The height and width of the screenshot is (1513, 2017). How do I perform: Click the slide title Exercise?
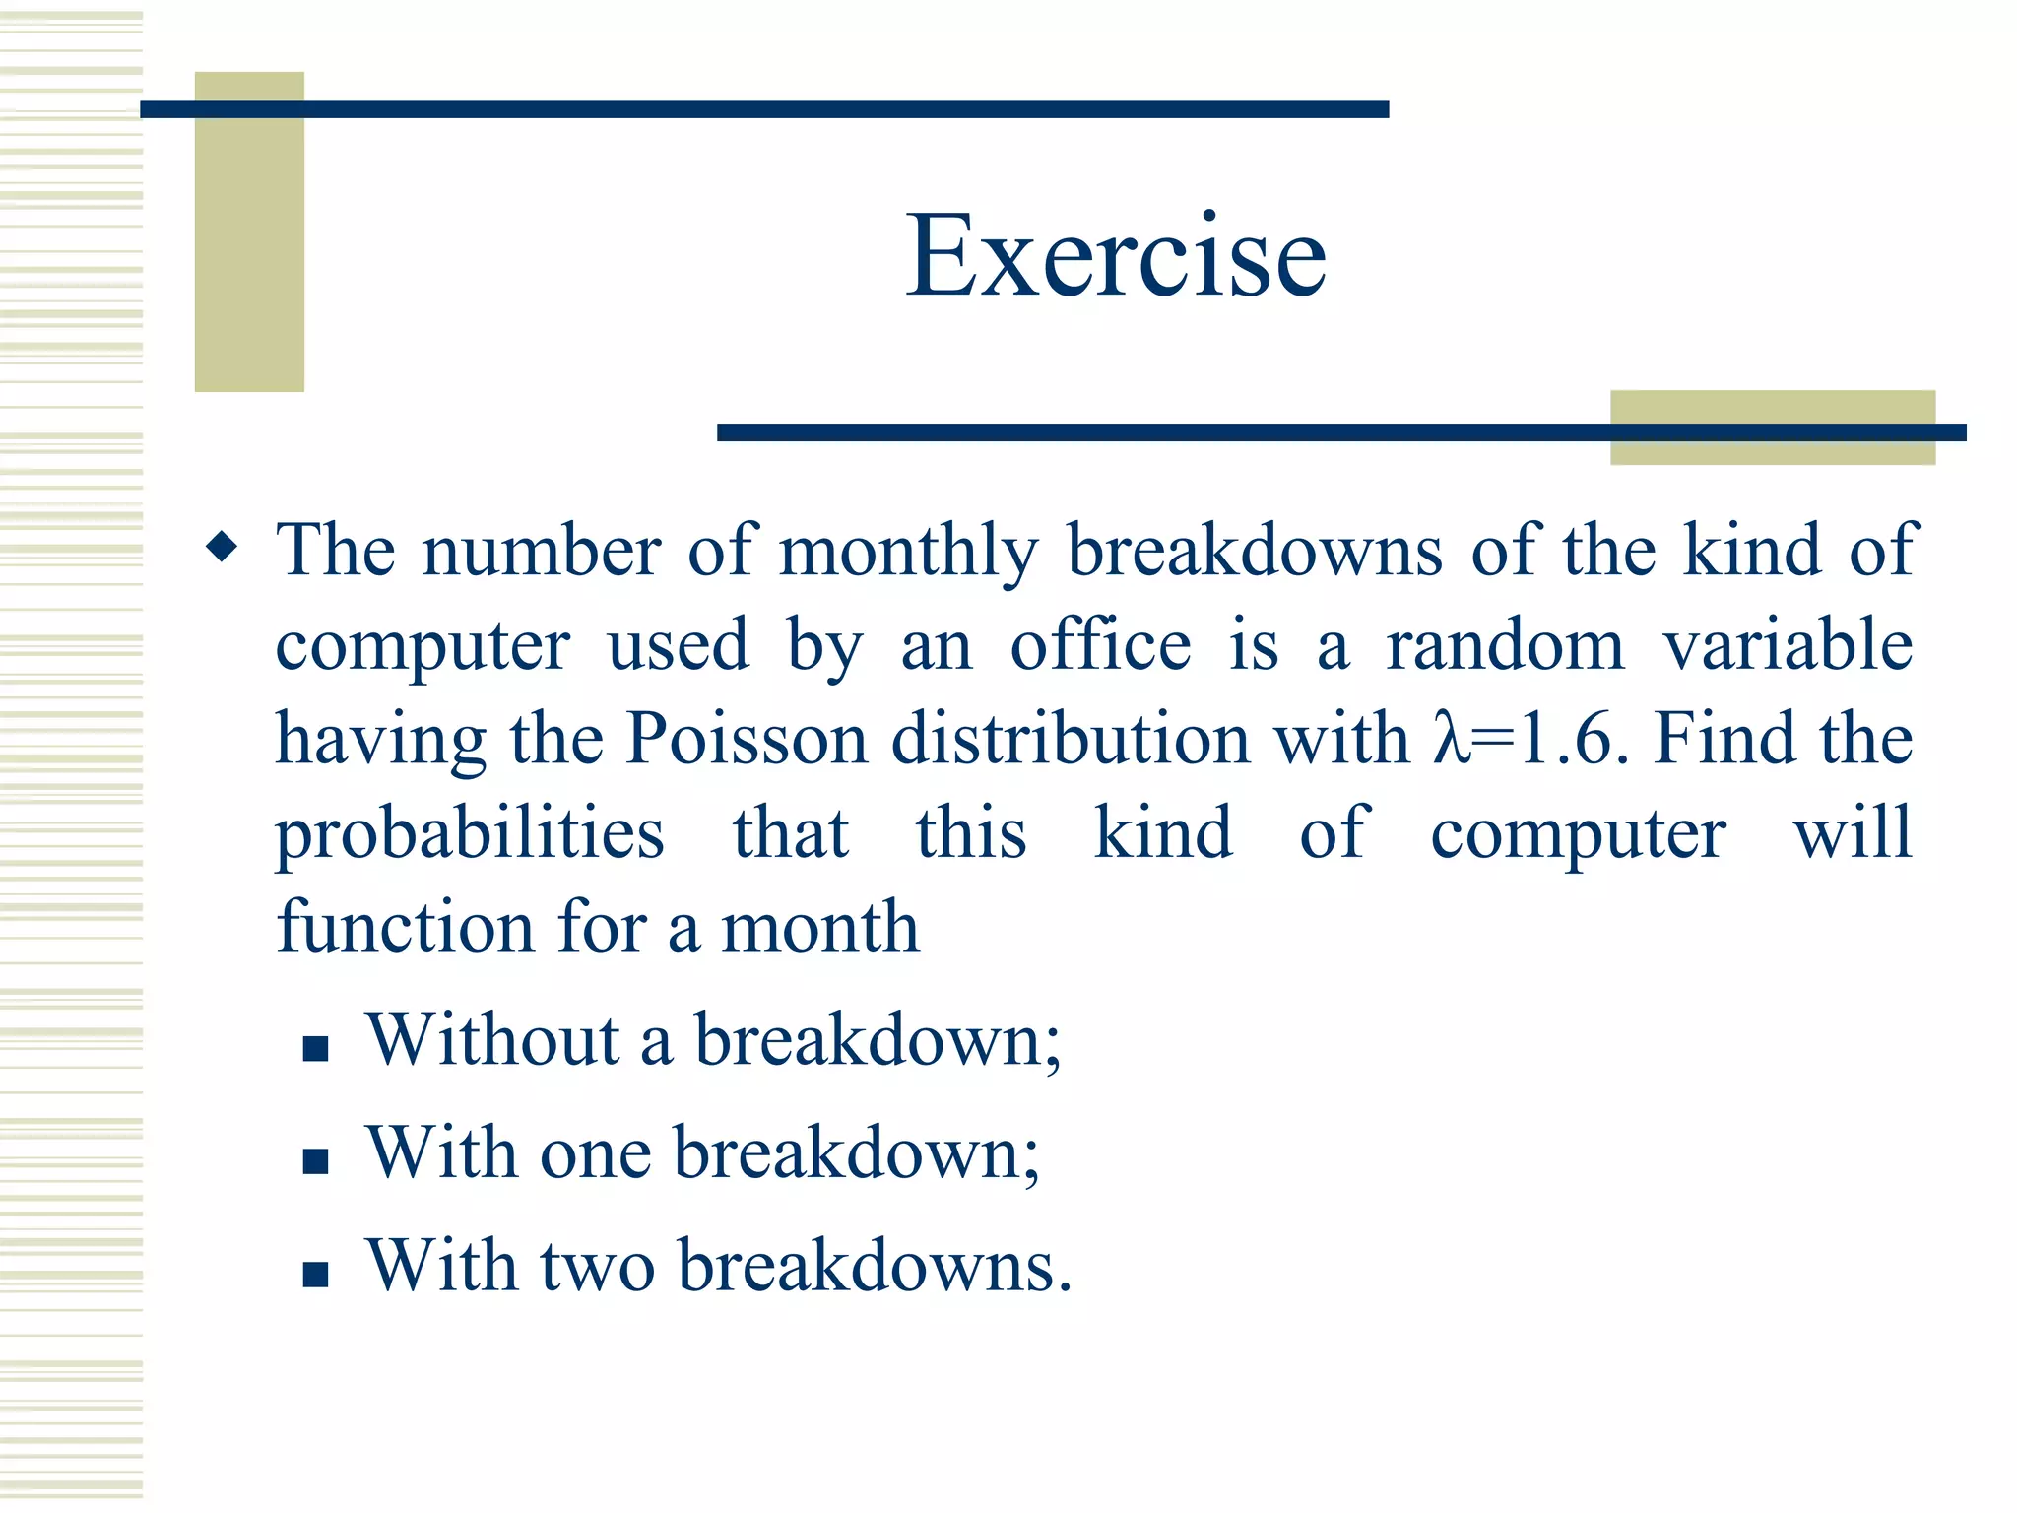click(x=1116, y=256)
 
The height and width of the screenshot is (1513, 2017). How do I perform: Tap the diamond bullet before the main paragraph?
click(x=223, y=547)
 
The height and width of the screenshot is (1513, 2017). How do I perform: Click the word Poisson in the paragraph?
click(x=747, y=739)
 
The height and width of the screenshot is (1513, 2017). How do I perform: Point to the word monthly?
click(x=908, y=552)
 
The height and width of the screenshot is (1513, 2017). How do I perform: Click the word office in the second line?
click(x=1100, y=646)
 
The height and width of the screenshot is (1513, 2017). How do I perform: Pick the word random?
click(x=1504, y=646)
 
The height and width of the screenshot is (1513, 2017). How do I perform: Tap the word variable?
click(x=1788, y=646)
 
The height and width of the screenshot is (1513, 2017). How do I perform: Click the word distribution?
click(x=1071, y=739)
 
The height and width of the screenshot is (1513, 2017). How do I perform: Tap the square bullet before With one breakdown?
click(x=315, y=1161)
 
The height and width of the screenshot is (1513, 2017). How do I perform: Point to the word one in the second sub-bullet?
click(x=595, y=1153)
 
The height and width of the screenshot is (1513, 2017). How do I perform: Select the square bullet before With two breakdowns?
click(x=315, y=1275)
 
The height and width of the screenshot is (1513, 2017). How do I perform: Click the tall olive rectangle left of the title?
click(x=249, y=231)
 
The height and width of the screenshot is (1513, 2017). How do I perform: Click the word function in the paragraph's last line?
click(x=405, y=928)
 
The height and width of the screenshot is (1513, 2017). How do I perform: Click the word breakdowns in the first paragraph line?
click(x=1255, y=552)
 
